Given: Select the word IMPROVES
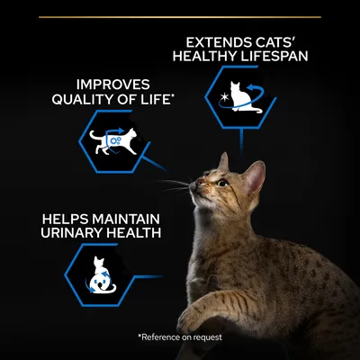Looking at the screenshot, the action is tap(113, 85).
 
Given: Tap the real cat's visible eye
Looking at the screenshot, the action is tap(222, 183).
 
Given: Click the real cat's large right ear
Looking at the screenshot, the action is tap(254, 177).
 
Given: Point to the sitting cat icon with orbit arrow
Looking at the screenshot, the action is tap(242, 97).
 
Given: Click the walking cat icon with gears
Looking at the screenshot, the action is tap(113, 141).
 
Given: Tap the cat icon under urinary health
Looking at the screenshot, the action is tap(101, 275).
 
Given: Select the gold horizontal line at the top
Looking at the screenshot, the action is tap(180, 17).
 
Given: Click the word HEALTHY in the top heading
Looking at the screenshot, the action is tap(201, 57).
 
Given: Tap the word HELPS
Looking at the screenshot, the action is tap(66, 220).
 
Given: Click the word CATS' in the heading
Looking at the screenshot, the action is tap(274, 43).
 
